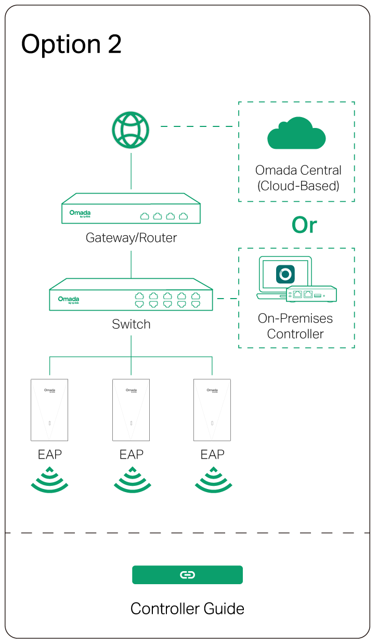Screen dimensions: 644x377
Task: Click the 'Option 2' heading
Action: pos(71,44)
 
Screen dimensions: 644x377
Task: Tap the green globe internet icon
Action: pos(131,130)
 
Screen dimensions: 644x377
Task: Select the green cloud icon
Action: pos(296,133)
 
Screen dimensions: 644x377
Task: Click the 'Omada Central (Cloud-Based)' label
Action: pos(298,178)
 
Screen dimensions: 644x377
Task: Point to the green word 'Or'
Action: pos(304,225)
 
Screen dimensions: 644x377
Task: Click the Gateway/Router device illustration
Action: pos(131,209)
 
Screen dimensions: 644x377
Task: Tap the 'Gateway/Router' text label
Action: pos(131,238)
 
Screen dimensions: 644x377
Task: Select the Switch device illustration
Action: pos(131,295)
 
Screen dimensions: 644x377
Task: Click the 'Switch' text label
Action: pos(131,324)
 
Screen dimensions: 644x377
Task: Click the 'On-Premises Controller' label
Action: pos(295,326)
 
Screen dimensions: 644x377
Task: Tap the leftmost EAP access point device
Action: pos(49,410)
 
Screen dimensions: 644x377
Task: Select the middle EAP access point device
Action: pos(131,410)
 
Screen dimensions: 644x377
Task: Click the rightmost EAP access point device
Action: pos(212,410)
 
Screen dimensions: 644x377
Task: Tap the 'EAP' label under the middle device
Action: pos(131,454)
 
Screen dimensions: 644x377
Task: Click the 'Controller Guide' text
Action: pos(187,609)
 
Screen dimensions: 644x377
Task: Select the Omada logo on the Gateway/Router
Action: pos(80,213)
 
